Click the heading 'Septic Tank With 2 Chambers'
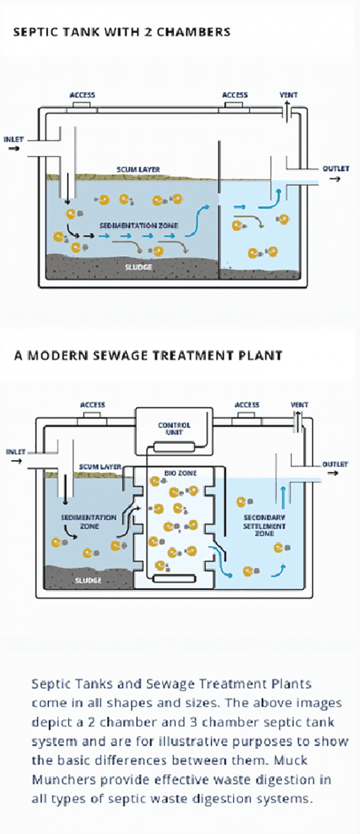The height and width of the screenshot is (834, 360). pos(122,31)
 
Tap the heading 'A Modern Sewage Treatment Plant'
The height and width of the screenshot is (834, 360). pos(148,356)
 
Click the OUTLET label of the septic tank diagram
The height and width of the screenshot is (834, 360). pos(336,169)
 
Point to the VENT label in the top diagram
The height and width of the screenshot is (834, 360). pos(288,95)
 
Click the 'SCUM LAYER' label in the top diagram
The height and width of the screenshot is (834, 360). pos(138,169)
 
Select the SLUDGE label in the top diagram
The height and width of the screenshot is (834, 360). pos(138,267)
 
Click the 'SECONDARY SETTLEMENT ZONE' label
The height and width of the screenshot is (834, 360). pos(264,525)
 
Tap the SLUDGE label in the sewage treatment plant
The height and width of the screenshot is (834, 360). pos(88,580)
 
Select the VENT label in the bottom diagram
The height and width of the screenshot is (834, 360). pos(299,405)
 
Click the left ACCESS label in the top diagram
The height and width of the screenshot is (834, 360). pos(82,96)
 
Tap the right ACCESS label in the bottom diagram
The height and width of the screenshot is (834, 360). pos(247,405)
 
